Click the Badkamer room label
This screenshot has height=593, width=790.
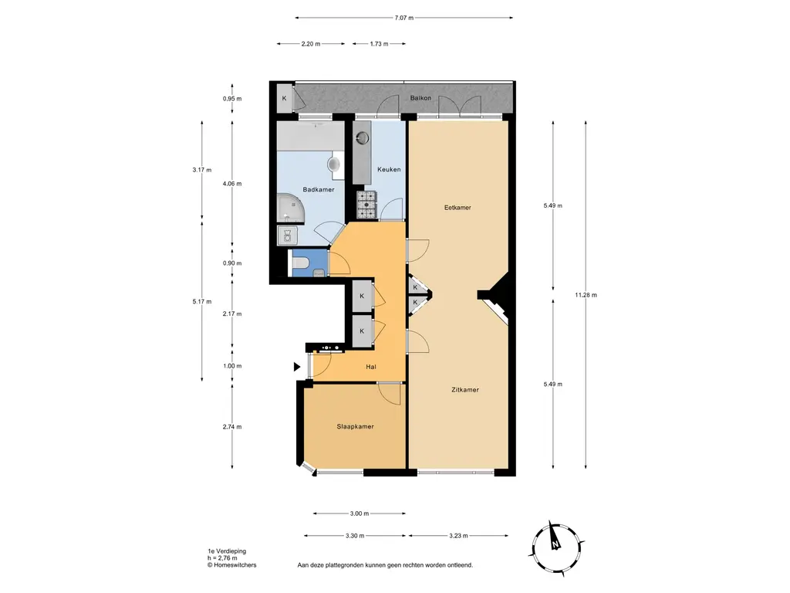click(319, 190)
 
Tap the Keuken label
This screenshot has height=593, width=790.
click(389, 169)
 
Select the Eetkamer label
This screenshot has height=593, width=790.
click(457, 207)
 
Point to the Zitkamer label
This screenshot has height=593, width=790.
click(465, 389)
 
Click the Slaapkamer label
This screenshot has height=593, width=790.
click(355, 426)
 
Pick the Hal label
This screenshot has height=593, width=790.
click(371, 367)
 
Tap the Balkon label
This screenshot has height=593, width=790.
click(420, 98)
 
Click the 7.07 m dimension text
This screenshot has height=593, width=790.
click(404, 18)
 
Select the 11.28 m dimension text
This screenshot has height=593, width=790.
click(586, 295)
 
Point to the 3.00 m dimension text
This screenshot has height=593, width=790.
click(360, 513)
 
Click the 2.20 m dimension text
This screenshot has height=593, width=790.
click(311, 44)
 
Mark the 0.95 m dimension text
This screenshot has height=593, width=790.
click(232, 98)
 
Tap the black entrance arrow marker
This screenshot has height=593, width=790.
click(297, 367)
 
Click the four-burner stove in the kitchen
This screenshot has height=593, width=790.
click(366, 205)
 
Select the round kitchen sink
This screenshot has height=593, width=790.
click(363, 137)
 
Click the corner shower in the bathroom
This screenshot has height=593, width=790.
click(291, 208)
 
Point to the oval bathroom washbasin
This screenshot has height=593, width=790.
click(333, 164)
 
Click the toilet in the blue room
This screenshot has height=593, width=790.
click(301, 263)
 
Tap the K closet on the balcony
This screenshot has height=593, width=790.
click(284, 98)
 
